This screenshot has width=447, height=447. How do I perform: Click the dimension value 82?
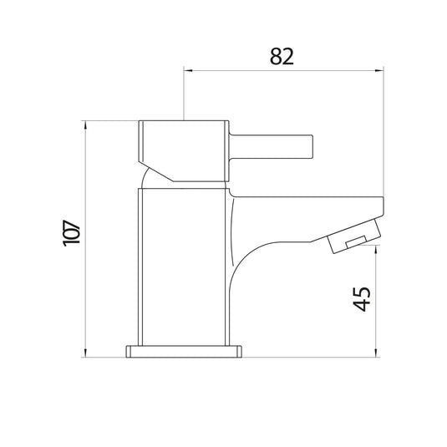[283, 57]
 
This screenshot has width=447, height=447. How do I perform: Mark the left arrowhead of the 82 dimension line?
[187, 71]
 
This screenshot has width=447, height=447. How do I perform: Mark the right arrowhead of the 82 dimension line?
[379, 71]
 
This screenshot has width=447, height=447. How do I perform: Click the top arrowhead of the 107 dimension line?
[86, 125]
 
